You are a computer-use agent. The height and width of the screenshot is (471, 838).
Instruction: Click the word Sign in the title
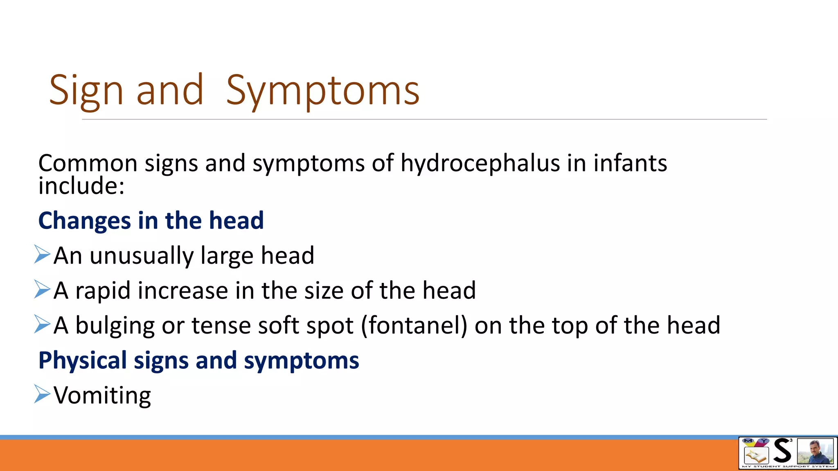(86, 91)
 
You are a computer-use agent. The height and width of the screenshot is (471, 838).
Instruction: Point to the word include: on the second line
(81, 186)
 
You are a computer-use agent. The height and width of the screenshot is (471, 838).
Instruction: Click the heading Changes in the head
(151, 221)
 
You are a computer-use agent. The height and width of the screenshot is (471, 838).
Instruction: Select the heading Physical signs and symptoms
(198, 361)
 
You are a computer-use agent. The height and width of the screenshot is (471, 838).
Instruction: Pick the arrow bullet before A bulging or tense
(42, 324)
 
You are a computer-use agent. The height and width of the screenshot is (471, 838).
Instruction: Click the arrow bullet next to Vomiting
(42, 394)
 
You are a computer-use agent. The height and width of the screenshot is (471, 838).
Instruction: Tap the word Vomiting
(102, 396)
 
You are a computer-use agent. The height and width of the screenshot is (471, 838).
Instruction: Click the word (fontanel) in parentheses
(414, 326)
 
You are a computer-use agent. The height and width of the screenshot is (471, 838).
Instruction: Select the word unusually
(141, 256)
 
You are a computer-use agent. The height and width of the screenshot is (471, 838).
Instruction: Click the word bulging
(115, 326)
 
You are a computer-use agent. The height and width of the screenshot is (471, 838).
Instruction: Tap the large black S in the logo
(782, 451)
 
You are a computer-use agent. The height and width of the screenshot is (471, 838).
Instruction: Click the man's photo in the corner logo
(815, 452)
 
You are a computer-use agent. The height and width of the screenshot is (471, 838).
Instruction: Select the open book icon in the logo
(755, 455)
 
